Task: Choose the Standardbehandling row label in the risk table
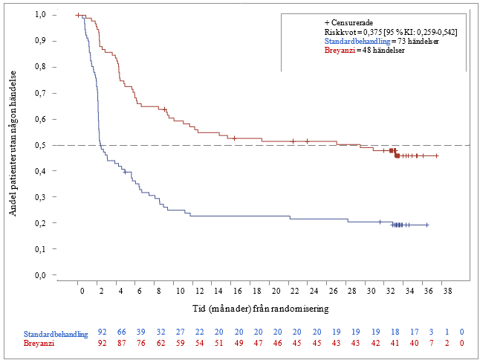click(56, 334)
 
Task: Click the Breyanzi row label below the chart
click(39, 344)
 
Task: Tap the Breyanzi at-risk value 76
click(141, 344)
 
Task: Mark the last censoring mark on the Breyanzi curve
click(437, 155)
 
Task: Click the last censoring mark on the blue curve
click(427, 225)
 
